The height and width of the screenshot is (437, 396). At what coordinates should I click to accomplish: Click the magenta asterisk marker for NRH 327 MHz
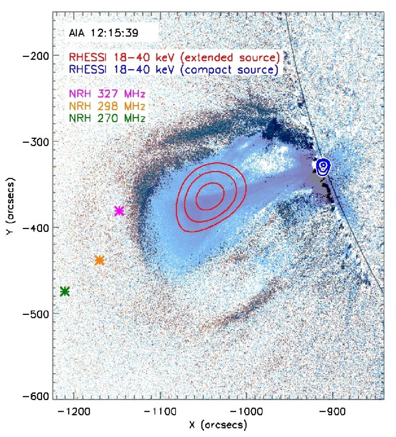point(119,211)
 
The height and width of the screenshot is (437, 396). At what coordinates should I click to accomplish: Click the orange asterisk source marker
point(99,260)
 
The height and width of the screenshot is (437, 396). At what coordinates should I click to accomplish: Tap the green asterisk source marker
point(64,291)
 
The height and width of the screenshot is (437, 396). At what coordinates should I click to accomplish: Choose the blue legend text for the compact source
point(174,69)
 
